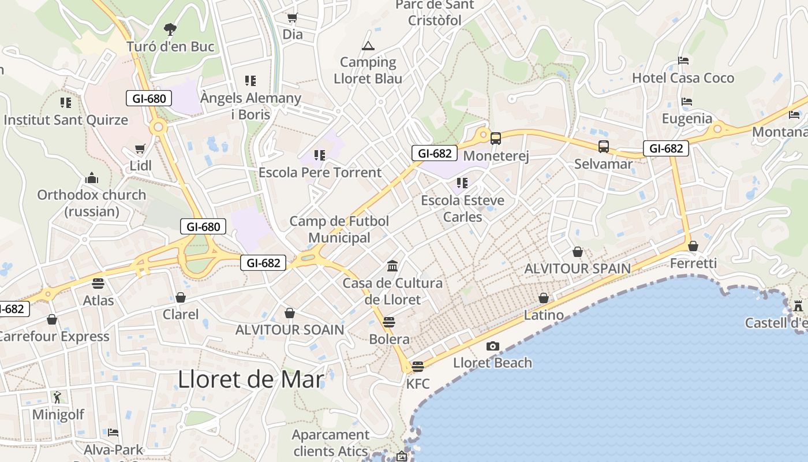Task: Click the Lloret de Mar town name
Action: coord(251,379)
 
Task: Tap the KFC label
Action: coord(418,383)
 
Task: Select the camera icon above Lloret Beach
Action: coord(492,346)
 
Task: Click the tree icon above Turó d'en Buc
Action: coord(170,29)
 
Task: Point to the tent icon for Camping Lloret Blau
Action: coord(368,46)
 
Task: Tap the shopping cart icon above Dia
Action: coord(292,18)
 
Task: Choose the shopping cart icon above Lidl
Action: coord(140,149)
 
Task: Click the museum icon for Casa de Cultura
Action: coord(392,266)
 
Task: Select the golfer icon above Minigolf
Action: coord(57,397)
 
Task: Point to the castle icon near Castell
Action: coord(798,305)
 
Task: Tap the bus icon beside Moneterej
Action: coord(495,139)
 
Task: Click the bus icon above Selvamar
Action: coord(603,147)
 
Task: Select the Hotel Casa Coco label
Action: coord(683,78)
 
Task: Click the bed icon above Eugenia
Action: coord(686,102)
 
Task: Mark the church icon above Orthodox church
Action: coord(91,178)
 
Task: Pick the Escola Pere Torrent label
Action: coord(320,172)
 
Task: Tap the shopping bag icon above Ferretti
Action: coord(693,247)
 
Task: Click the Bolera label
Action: coord(389,339)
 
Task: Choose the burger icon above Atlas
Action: coord(98,284)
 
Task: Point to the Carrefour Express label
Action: coord(53,336)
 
